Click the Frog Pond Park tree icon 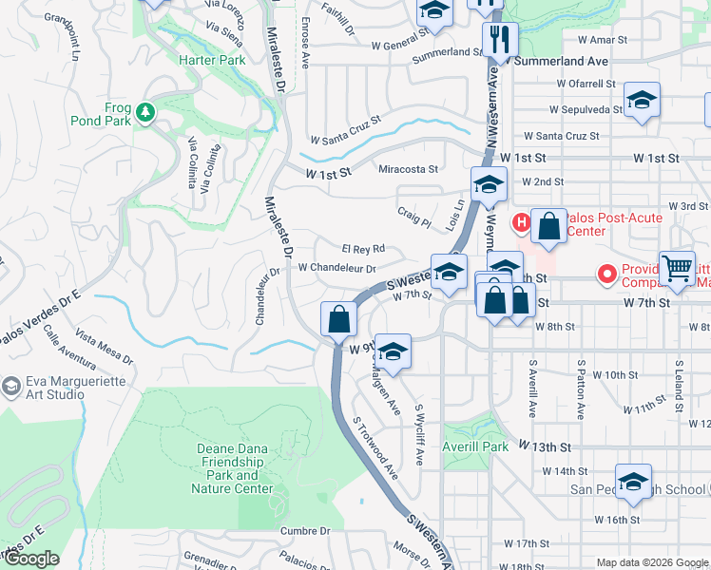145,113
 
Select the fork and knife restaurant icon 498,40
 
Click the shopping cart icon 677,269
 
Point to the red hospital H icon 521,223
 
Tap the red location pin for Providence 607,275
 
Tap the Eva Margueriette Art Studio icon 11,387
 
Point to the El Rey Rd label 363,249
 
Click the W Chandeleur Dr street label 337,268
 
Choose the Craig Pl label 413,217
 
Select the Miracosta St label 408,169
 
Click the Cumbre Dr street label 305,531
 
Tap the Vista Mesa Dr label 104,349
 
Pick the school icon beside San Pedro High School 633,482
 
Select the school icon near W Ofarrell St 643,101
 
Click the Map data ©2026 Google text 651,562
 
